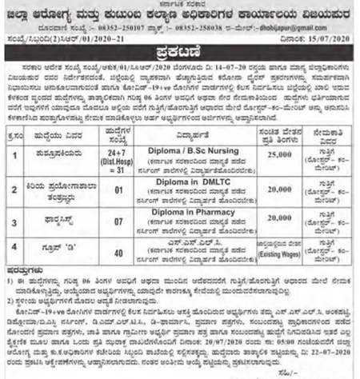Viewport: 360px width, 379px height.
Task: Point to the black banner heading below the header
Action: tap(180, 51)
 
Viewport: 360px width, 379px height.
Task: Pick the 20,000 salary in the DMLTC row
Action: tap(276, 188)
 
